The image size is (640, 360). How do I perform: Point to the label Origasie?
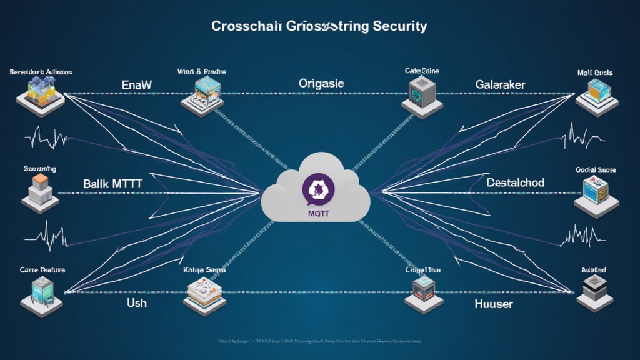click(321, 83)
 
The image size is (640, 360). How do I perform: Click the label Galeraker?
click(500, 84)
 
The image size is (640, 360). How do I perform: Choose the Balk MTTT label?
click(112, 184)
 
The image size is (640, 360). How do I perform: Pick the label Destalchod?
click(515, 183)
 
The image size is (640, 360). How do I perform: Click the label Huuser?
click(493, 304)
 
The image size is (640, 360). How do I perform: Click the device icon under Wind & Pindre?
click(201, 97)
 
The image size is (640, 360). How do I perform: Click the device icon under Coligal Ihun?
click(422, 292)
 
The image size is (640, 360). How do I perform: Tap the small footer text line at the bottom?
click(319, 342)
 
